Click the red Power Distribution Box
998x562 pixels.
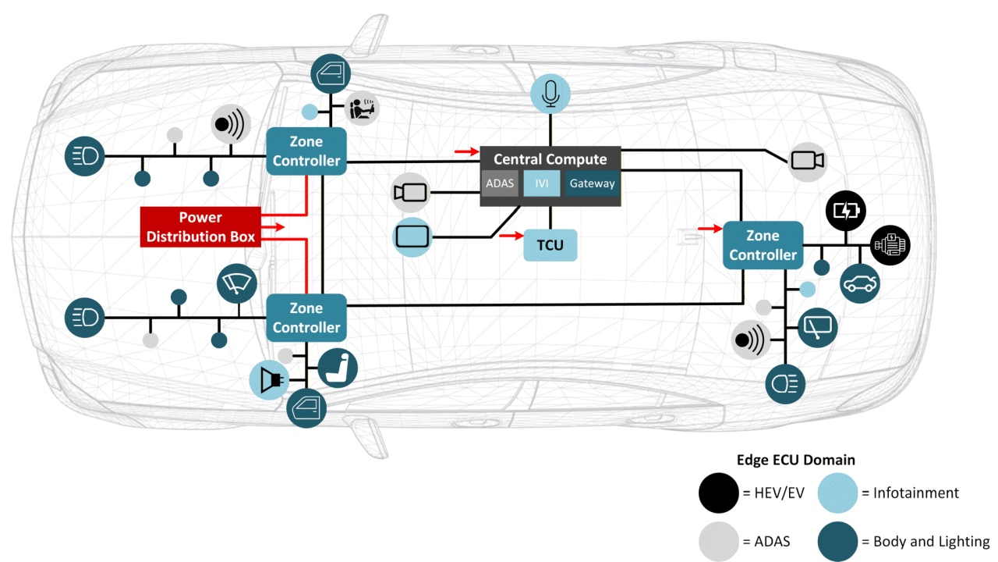[200, 226]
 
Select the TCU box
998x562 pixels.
[550, 245]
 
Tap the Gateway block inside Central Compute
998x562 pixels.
[592, 184]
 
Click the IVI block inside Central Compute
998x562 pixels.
[541, 184]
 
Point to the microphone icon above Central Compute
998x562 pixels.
[550, 94]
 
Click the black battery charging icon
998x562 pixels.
[845, 211]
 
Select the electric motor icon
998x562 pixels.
[890, 245]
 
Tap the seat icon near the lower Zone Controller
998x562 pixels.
[338, 368]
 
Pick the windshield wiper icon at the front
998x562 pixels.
[237, 283]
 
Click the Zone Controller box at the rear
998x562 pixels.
[763, 245]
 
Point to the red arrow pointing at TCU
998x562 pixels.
[511, 234]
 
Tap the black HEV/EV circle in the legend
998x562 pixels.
[718, 493]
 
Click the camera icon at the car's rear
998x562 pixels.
[807, 160]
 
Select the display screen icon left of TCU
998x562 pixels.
[412, 236]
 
